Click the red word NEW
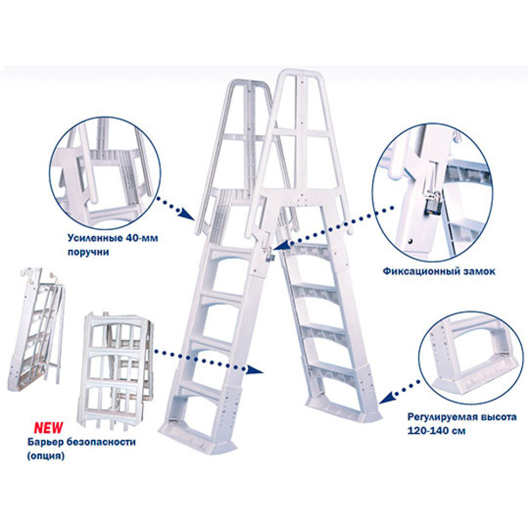(48, 428)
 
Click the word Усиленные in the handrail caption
(95, 238)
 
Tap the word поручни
(88, 252)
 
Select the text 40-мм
(142, 238)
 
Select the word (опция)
(46, 456)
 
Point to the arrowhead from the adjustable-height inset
(385, 398)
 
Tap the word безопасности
(101, 441)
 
